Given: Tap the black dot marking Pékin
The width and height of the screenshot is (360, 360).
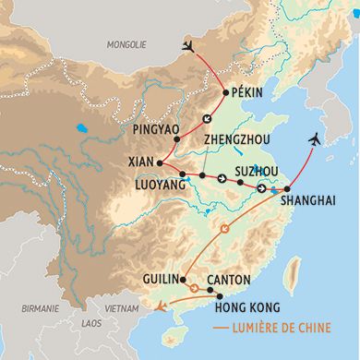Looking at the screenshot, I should [x=226, y=92].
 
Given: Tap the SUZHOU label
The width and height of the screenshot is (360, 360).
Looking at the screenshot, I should [x=257, y=172].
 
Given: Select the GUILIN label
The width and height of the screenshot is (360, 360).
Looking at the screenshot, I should [x=161, y=278].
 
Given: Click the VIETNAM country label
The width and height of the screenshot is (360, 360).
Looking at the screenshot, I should [x=122, y=308].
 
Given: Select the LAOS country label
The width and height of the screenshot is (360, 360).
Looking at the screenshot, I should [x=91, y=324].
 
